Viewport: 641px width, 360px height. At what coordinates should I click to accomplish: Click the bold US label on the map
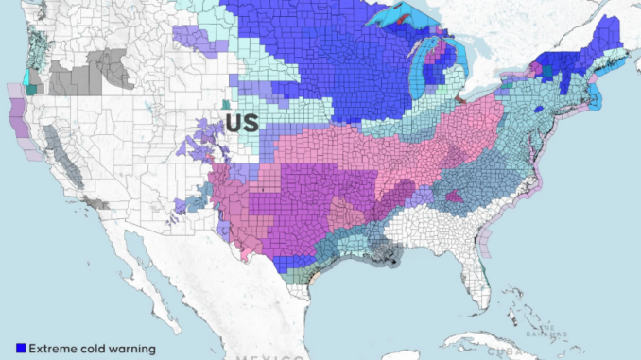point(240,123)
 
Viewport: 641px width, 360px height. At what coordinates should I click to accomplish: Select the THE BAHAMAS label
point(549,331)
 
